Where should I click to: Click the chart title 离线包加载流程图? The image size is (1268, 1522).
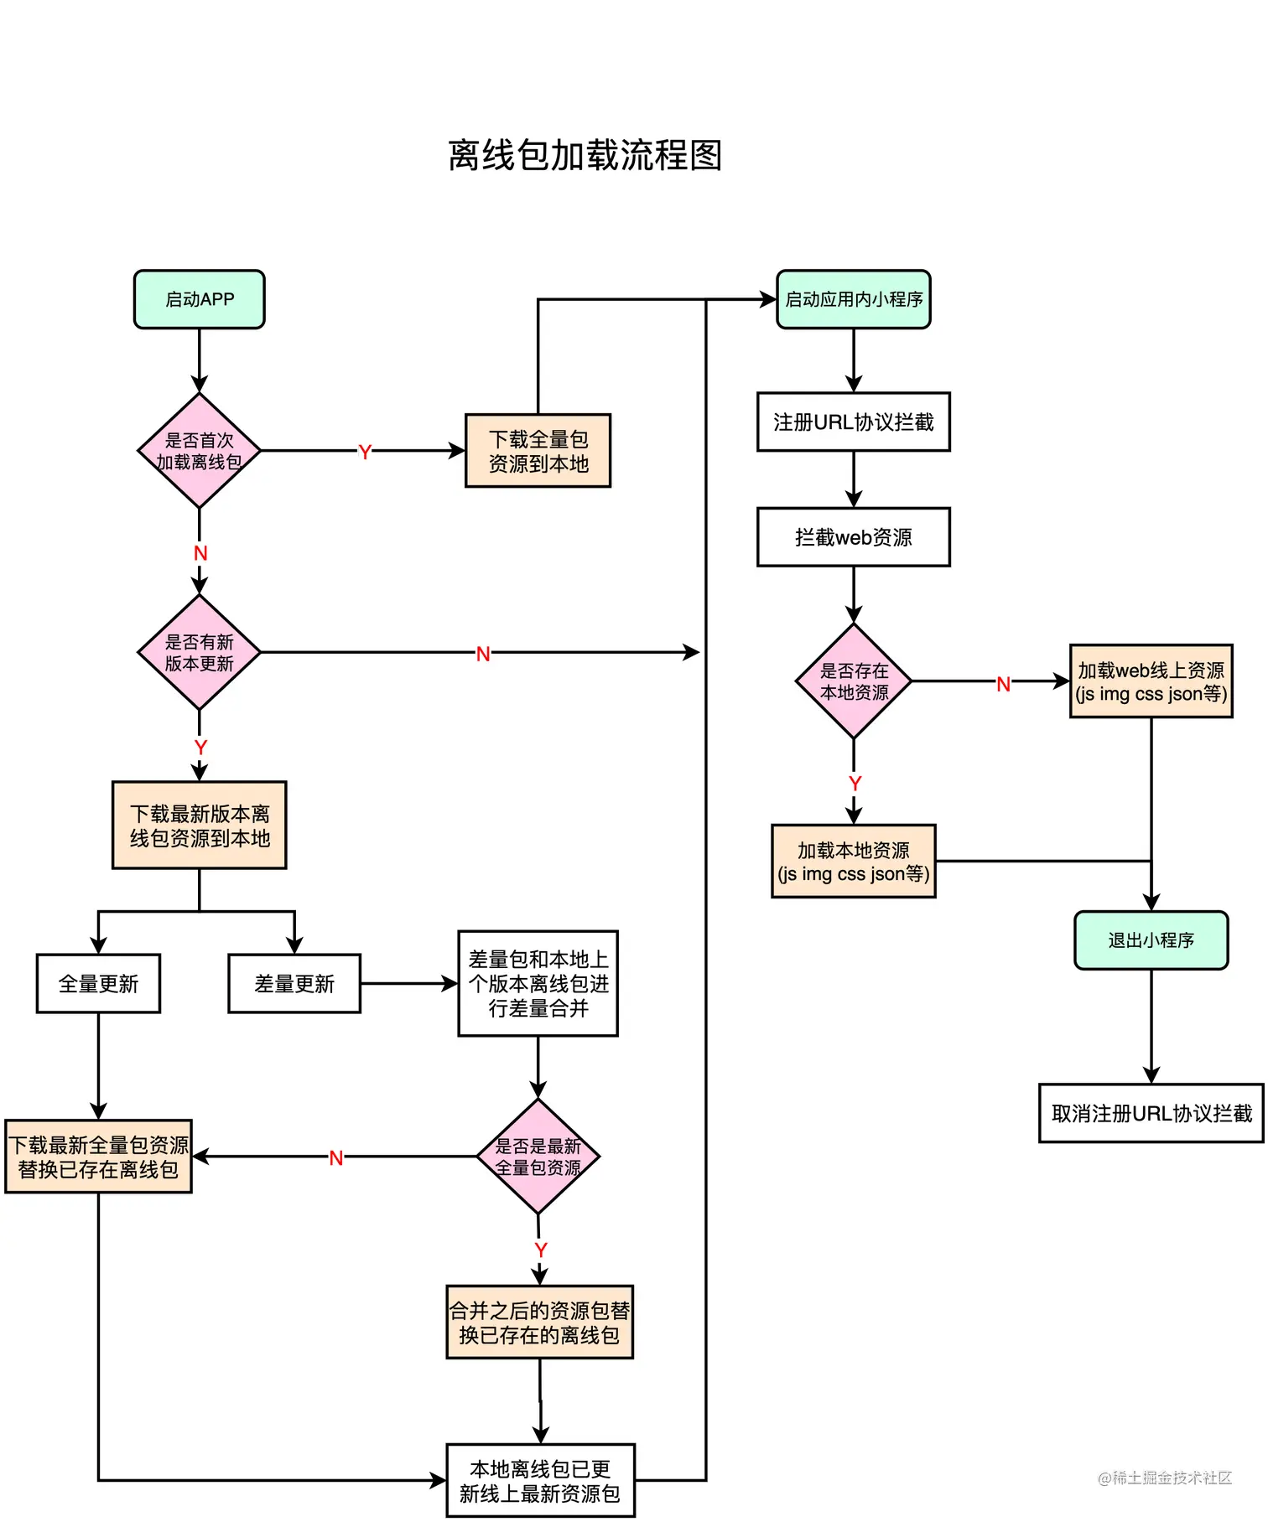pyautogui.click(x=585, y=156)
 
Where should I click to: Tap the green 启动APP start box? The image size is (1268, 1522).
pyautogui.click(x=199, y=299)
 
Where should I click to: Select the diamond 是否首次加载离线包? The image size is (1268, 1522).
pyautogui.click(x=199, y=451)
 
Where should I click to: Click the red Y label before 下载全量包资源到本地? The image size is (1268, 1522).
pyautogui.click(x=364, y=453)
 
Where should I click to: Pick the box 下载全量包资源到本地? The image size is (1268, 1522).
pyautogui.click(x=538, y=451)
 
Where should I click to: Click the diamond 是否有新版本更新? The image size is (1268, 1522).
pyautogui.click(x=199, y=653)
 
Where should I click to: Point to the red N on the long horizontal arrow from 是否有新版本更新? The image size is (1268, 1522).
pyautogui.click(x=483, y=655)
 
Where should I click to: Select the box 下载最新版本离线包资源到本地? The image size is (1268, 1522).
pyautogui.click(x=199, y=826)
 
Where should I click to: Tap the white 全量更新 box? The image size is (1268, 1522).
pyautogui.click(x=98, y=983)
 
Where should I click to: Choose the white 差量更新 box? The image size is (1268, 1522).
pyautogui.click(x=294, y=983)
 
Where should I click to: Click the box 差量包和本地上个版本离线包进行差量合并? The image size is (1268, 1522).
pyautogui.click(x=538, y=983)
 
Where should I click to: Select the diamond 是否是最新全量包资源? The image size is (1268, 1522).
pyautogui.click(x=538, y=1157)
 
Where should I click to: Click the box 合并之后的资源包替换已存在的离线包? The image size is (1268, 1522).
pyautogui.click(x=539, y=1323)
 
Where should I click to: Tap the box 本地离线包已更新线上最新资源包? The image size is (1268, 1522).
pyautogui.click(x=540, y=1480)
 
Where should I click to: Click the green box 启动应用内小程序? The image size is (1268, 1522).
pyautogui.click(x=854, y=299)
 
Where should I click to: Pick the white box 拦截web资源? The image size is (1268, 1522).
pyautogui.click(x=854, y=537)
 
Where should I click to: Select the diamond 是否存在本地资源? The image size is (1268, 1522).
pyautogui.click(x=854, y=681)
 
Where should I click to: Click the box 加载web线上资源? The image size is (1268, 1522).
pyautogui.click(x=1151, y=681)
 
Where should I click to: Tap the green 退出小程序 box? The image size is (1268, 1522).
pyautogui.click(x=1151, y=940)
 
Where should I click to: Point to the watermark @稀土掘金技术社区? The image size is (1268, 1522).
pyautogui.click(x=1165, y=1478)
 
